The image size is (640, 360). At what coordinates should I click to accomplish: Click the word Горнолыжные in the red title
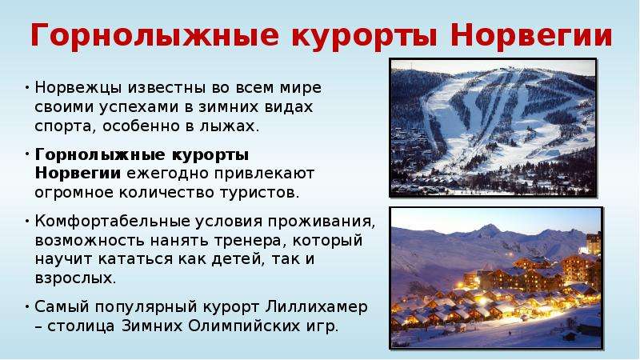click(155, 36)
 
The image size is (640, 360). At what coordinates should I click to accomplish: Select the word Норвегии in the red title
click(531, 36)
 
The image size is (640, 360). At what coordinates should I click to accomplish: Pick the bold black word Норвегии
click(78, 173)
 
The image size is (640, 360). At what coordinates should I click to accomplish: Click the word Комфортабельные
click(112, 222)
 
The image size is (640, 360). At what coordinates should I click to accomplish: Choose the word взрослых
click(75, 278)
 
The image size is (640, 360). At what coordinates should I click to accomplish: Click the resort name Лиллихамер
click(316, 307)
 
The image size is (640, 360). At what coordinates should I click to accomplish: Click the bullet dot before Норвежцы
click(27, 88)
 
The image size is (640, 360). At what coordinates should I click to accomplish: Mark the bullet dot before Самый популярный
click(27, 306)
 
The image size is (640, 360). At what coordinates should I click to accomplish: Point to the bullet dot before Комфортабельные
click(27, 221)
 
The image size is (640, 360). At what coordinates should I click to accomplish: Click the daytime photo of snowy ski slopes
click(493, 128)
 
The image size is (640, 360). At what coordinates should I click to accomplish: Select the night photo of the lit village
click(496, 278)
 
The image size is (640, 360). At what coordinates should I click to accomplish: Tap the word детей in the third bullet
click(236, 259)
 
